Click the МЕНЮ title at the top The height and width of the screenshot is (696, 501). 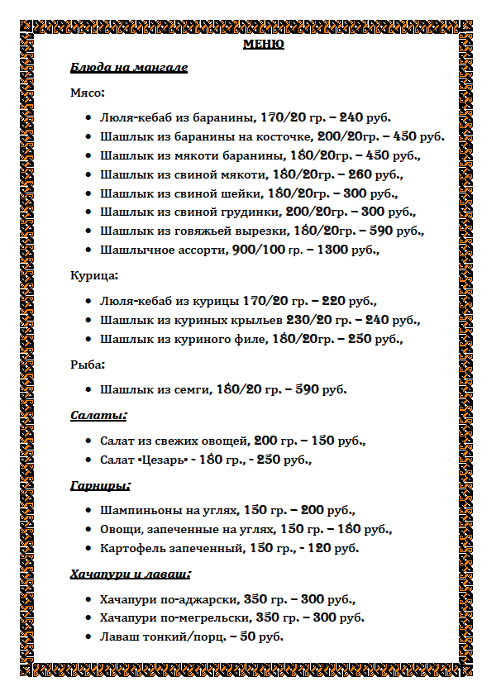(264, 45)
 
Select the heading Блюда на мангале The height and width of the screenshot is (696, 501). (129, 67)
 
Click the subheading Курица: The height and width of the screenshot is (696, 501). (94, 275)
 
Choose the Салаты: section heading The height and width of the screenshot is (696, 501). (98, 415)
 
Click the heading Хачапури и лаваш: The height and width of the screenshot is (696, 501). (131, 573)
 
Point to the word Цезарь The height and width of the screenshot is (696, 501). (161, 460)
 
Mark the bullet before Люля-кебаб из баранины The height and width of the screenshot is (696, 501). (88, 118)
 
